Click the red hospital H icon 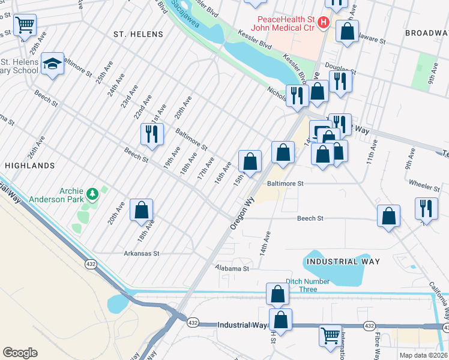tap(324, 23)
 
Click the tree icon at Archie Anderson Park tap(92, 193)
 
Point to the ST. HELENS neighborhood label tap(138, 35)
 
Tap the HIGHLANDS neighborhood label tap(29, 165)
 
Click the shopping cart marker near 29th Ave tap(25, 25)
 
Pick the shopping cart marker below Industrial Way tap(330, 335)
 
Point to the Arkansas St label tap(141, 254)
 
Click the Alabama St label tap(232, 269)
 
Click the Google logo tap(20, 353)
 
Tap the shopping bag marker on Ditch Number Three tap(277, 294)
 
